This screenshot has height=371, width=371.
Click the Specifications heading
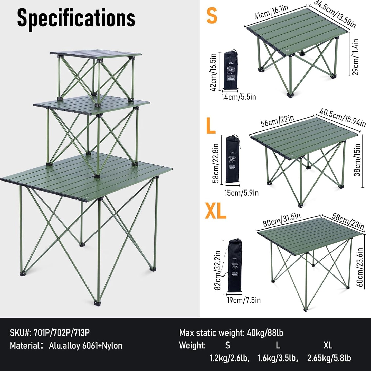76,18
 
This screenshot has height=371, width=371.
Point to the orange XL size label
215,211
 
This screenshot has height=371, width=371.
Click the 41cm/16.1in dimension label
271,12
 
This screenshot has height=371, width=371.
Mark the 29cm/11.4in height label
356,57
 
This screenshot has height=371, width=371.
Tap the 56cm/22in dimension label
277,121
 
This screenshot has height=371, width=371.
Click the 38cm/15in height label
357,160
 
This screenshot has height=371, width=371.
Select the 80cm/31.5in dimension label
281,220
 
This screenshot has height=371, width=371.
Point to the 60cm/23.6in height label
360,267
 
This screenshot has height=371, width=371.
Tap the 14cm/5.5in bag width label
239,97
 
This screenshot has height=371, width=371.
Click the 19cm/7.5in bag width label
243,300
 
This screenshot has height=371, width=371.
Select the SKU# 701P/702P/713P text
50,333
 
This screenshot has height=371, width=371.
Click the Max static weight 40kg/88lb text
231,333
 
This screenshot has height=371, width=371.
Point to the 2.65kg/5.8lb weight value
329,358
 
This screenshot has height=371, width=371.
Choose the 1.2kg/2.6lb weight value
229,358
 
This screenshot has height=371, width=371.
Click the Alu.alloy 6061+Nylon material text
85,346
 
